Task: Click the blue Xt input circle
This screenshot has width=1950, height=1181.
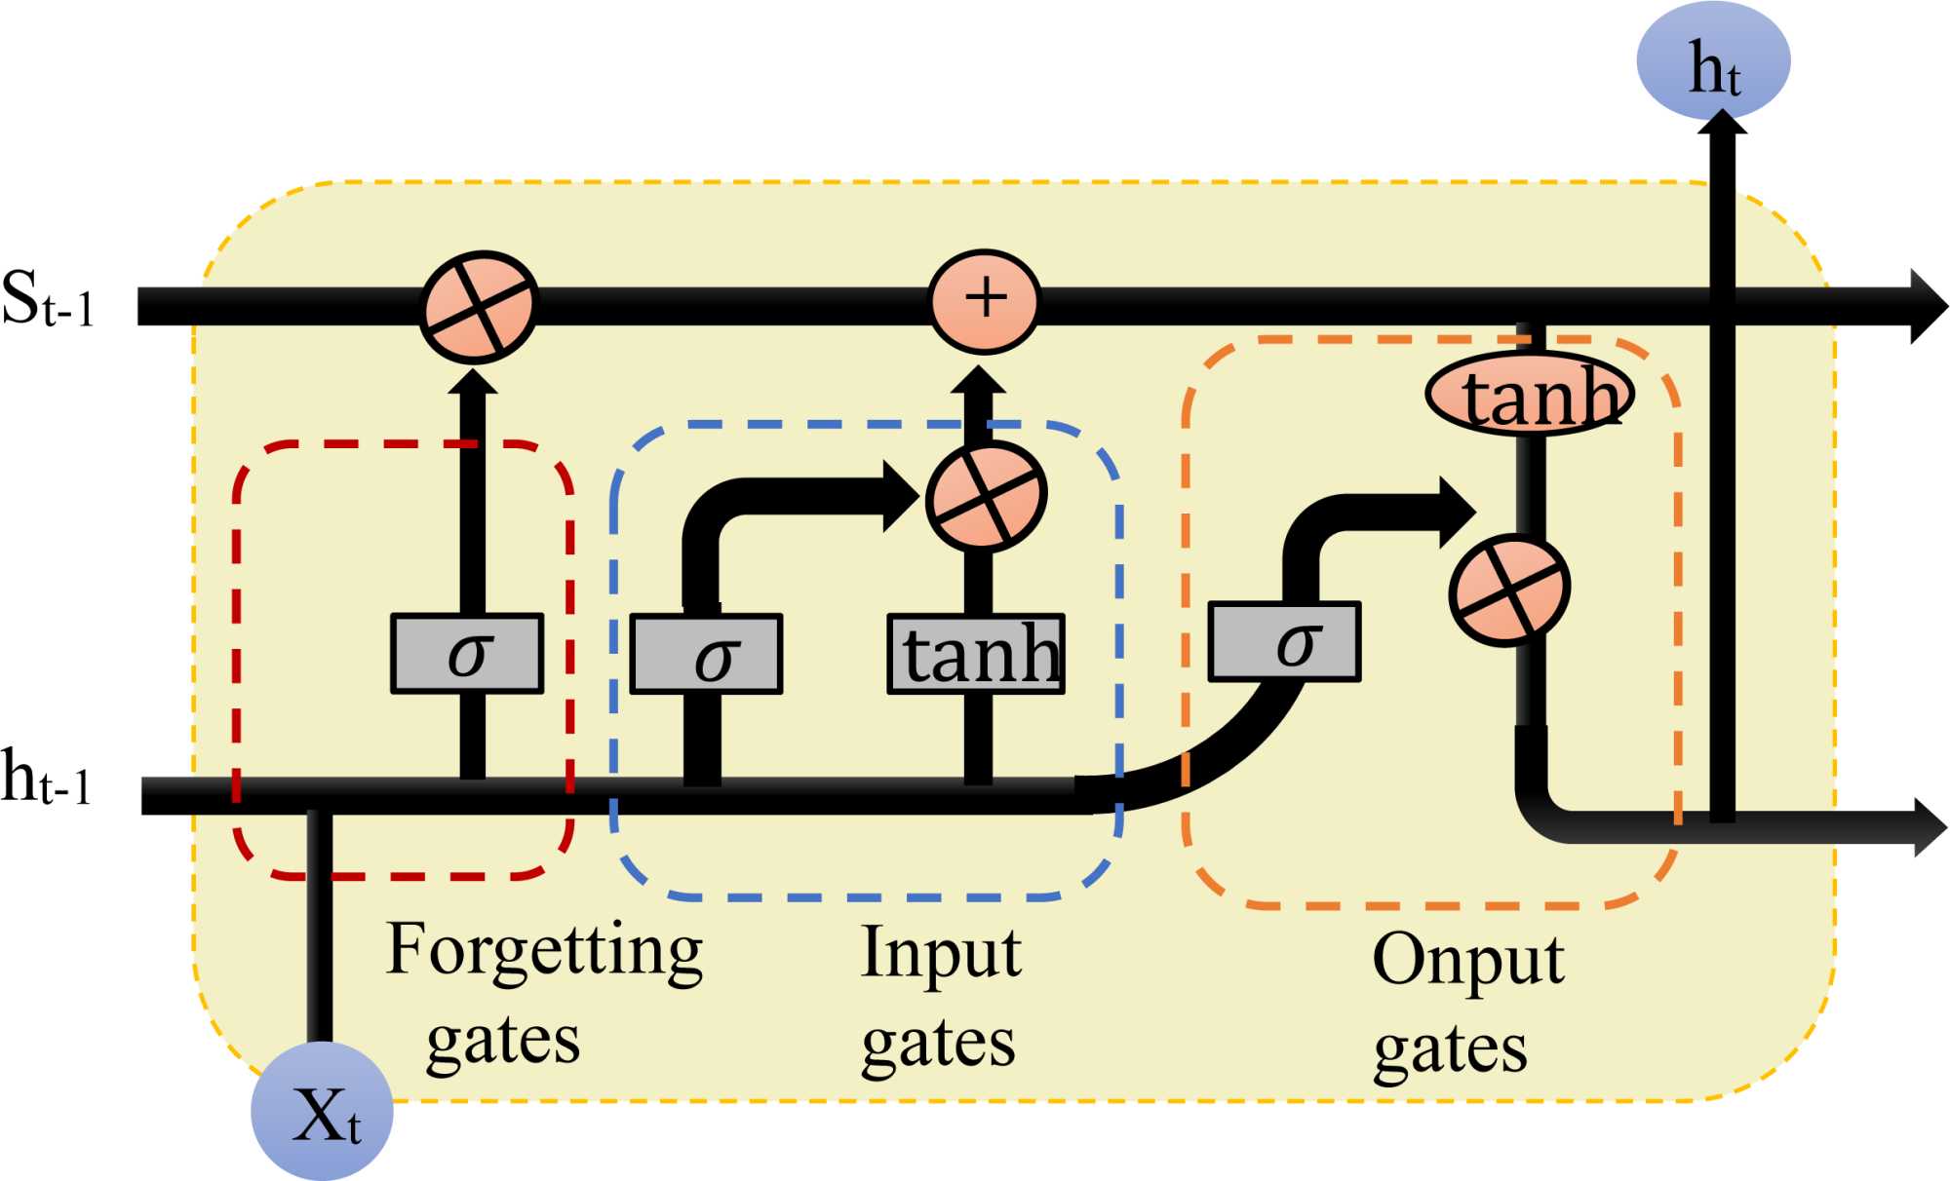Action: [x=322, y=1112]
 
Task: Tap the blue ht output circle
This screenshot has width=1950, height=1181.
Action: [x=1713, y=60]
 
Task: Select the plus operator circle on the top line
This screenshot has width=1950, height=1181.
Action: [x=985, y=300]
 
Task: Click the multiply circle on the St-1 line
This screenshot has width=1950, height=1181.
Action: [x=478, y=307]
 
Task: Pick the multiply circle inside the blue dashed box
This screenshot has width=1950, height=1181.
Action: [x=986, y=496]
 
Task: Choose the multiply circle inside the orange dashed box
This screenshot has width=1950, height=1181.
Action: [x=1508, y=590]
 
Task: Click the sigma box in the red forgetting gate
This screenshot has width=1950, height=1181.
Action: [x=467, y=654]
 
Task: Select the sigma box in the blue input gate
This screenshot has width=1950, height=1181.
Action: [x=707, y=654]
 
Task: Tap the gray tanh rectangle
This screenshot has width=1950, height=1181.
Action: [x=976, y=654]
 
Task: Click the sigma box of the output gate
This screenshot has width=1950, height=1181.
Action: [x=1284, y=642]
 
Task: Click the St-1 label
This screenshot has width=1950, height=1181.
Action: [x=47, y=299]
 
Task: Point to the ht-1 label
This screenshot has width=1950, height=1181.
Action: [x=46, y=779]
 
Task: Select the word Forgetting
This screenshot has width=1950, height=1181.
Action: [x=544, y=951]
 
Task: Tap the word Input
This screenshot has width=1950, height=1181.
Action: [x=941, y=953]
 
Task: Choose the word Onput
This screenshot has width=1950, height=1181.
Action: [x=1467, y=961]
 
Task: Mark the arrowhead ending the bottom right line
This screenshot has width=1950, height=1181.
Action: [x=1930, y=826]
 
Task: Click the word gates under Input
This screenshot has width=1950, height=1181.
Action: [x=938, y=1045]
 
